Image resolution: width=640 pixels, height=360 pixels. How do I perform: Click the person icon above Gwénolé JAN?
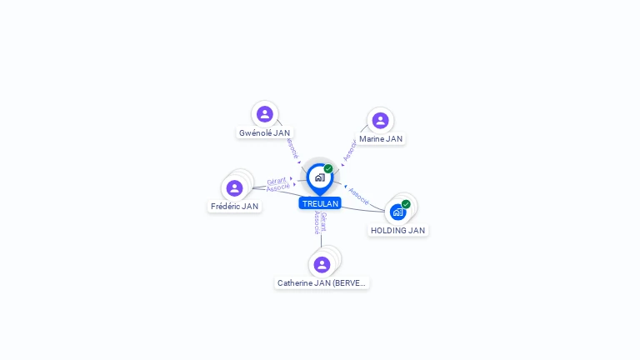pos(265,114)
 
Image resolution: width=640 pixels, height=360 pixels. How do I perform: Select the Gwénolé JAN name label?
pos(264,132)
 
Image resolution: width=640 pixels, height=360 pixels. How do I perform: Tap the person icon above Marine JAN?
pos(380,121)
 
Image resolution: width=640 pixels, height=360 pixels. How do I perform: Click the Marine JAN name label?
pos(381,139)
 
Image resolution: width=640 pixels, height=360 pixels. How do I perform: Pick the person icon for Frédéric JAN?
pos(234,188)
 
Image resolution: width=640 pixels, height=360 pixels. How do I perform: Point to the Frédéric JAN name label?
pos(234,206)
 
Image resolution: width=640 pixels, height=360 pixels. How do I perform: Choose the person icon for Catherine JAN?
pos(322,265)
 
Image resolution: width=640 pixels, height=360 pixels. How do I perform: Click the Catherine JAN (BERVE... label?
pos(322,283)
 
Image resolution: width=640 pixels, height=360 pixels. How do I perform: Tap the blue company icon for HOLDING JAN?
pos(397,212)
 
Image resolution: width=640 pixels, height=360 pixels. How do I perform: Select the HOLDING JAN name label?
pos(397,230)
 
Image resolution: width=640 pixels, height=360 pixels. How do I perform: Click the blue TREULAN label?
pos(320,203)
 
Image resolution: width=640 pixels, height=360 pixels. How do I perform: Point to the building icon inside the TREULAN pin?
pos(319,177)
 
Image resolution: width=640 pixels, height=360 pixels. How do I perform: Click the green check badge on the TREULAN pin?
pos(328,168)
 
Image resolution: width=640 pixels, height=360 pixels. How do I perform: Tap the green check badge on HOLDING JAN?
pos(406,204)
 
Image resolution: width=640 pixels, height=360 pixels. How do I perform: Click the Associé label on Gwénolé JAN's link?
pos(291,147)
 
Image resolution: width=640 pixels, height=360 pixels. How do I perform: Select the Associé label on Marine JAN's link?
pos(349,151)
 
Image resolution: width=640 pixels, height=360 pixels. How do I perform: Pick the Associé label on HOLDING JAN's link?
pos(359,197)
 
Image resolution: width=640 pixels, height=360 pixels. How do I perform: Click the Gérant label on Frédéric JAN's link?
pos(277,180)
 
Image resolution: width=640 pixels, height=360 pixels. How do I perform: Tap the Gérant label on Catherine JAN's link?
pos(323,222)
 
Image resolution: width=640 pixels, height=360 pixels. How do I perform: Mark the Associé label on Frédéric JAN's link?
pos(278,187)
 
